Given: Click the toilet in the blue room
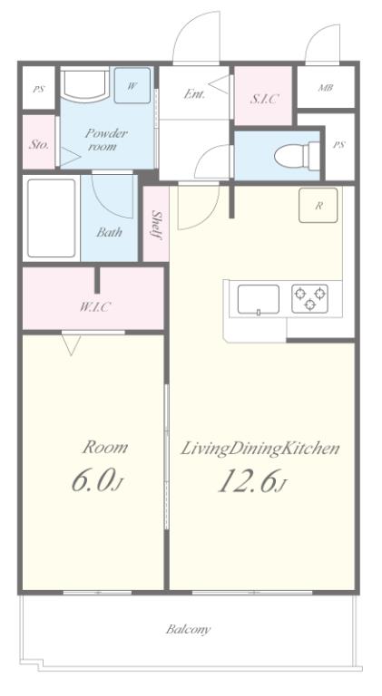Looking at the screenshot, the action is [x=297, y=156].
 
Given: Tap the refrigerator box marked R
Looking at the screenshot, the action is [x=318, y=205].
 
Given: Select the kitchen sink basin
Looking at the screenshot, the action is [x=259, y=300].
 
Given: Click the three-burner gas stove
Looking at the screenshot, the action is [x=309, y=298].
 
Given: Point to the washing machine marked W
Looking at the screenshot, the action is [x=132, y=86].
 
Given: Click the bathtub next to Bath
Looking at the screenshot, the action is [x=52, y=217].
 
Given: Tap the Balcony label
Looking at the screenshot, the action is [x=189, y=629].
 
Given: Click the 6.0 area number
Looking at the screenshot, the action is [x=95, y=481].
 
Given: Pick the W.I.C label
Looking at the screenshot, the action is [x=93, y=306].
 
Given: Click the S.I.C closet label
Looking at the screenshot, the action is [x=263, y=99].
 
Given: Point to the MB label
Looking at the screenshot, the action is [x=326, y=87].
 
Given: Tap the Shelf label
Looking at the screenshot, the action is [x=156, y=225].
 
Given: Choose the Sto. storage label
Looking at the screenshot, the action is [x=39, y=145].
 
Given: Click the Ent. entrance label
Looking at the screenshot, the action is [x=194, y=94].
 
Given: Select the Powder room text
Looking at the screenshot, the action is [x=106, y=140].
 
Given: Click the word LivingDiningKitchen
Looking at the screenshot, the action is [x=260, y=449].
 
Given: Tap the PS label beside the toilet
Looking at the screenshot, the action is [x=339, y=145].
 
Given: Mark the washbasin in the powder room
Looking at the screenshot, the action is [x=85, y=83].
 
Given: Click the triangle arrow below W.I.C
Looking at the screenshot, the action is [x=71, y=344].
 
